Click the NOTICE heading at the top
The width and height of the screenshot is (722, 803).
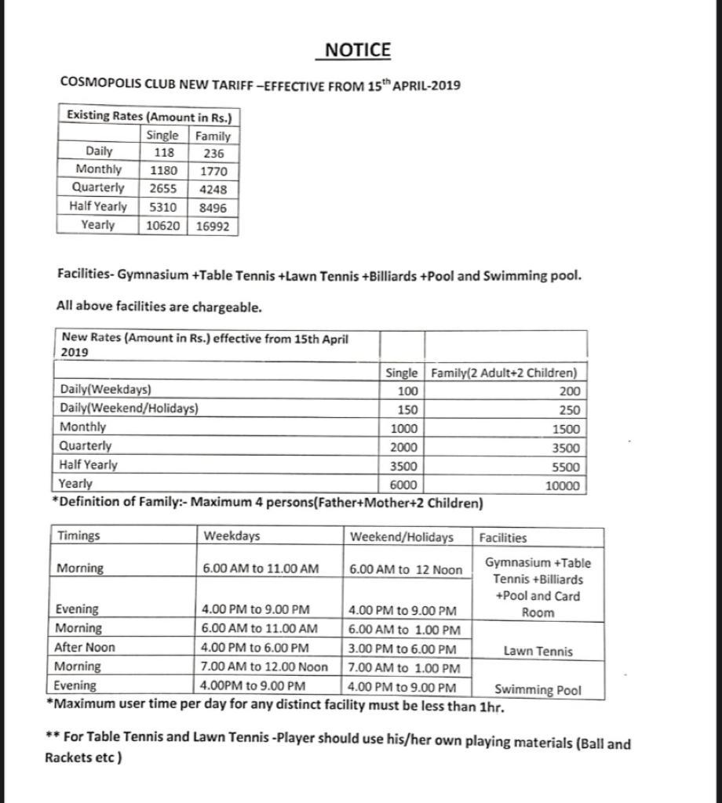[x=357, y=50]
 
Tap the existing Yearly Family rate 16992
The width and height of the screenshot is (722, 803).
[x=213, y=226]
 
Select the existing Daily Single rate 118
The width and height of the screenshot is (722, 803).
[x=163, y=153]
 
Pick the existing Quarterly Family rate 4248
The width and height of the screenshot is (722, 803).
[x=213, y=189]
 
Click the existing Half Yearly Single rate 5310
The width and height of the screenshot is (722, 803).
[x=163, y=207]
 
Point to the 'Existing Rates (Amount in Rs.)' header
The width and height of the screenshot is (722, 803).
[x=148, y=116]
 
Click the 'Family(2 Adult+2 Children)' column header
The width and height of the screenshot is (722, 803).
[x=504, y=372]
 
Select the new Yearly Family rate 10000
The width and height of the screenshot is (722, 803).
[x=563, y=486]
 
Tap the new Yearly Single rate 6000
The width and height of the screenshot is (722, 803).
[x=403, y=485]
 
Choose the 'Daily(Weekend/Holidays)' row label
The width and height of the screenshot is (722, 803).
[x=129, y=409]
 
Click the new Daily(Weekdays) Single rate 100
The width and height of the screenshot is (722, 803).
[x=407, y=391]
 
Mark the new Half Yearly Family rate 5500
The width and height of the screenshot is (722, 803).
[x=565, y=467]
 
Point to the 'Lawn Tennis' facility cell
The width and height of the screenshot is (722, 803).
[x=538, y=651]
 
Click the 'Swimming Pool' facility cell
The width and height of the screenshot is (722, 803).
[x=538, y=690]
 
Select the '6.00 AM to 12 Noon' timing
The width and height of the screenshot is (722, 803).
[x=406, y=569]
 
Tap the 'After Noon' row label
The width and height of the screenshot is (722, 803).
[x=85, y=648]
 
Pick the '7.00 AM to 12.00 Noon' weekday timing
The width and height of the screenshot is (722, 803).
[x=265, y=667]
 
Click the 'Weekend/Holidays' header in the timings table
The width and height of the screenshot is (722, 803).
[x=402, y=537]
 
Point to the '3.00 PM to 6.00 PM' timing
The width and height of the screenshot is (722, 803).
[x=403, y=649]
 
